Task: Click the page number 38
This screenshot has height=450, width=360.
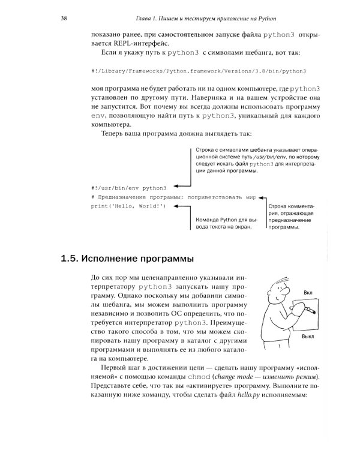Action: point(64,19)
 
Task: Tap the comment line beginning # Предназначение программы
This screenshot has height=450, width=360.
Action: point(174,196)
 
